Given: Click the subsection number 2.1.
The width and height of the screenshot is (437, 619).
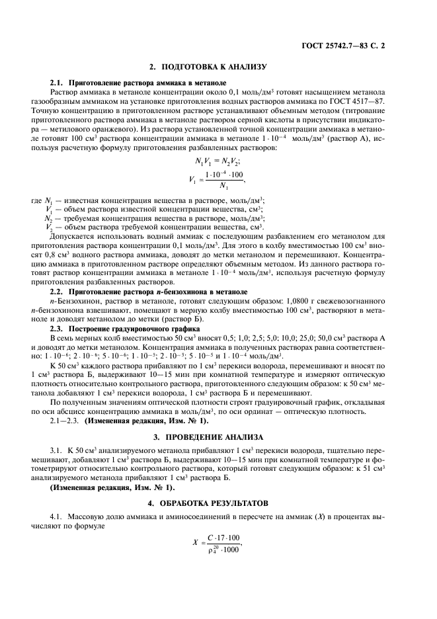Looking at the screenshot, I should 58,83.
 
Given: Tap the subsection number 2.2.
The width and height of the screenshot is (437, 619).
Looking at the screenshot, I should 58,292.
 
